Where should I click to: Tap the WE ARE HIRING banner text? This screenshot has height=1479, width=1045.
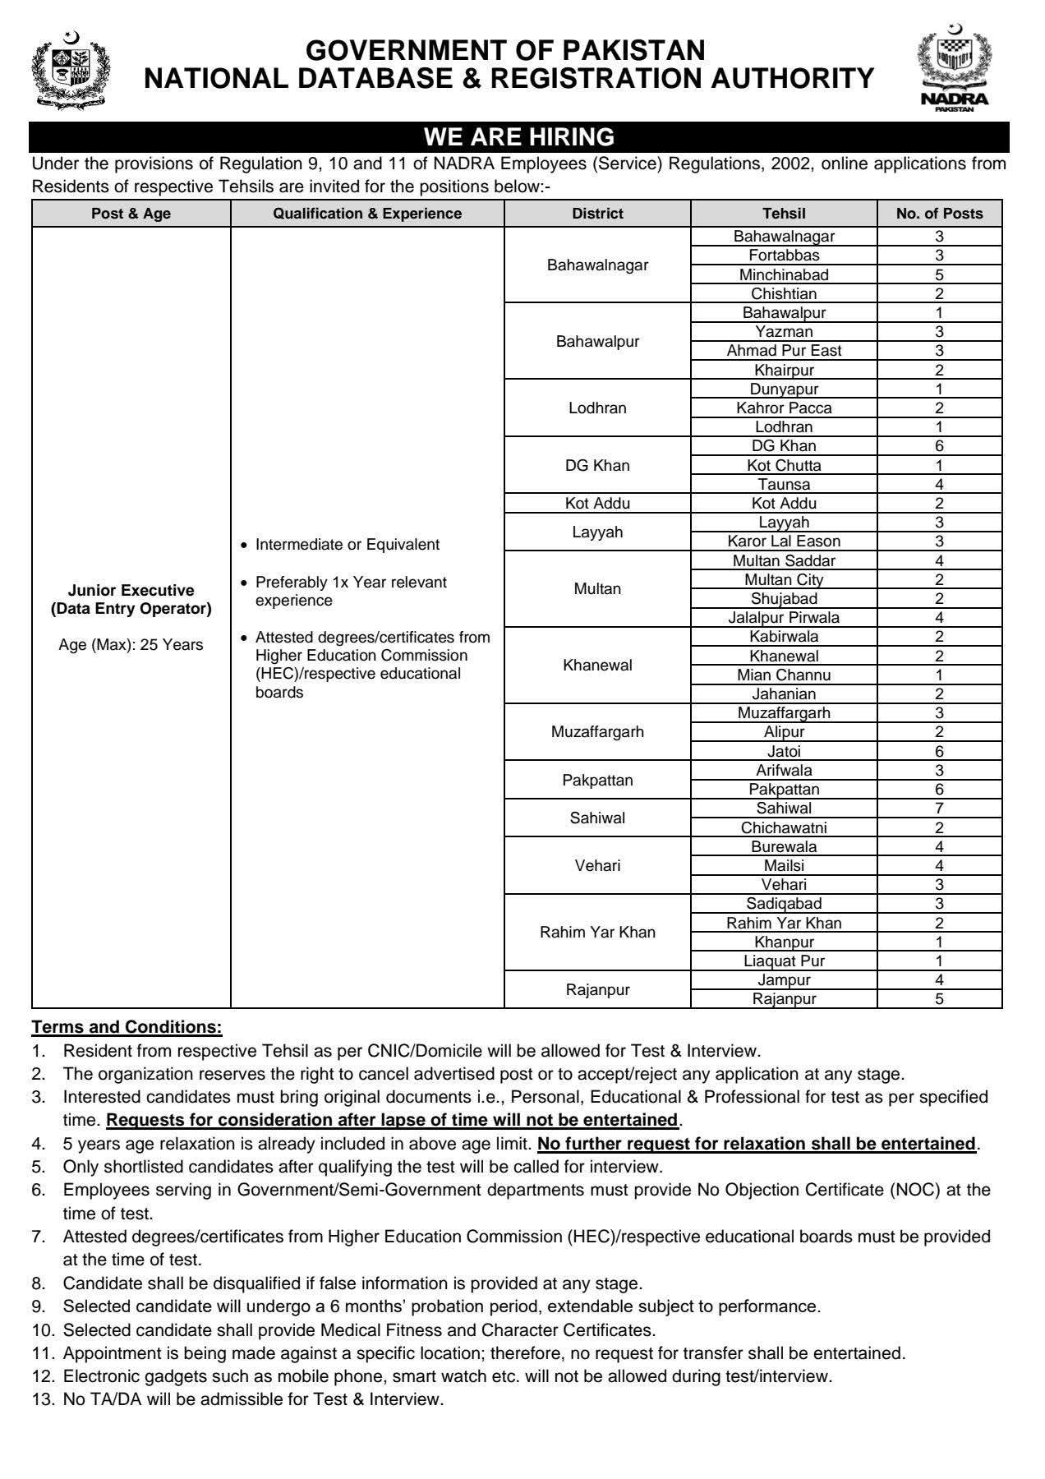click(x=518, y=136)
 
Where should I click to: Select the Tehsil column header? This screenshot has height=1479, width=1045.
click(x=784, y=214)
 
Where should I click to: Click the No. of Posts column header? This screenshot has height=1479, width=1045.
click(x=939, y=214)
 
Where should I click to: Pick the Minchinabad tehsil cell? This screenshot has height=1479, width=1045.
click(x=784, y=275)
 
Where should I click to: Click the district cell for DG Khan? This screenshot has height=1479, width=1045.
click(x=597, y=466)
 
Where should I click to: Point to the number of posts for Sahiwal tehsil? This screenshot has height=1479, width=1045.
click(x=939, y=809)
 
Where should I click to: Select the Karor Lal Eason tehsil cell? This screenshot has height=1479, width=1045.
click(x=784, y=541)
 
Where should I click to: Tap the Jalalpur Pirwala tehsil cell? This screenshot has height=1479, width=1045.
click(x=784, y=618)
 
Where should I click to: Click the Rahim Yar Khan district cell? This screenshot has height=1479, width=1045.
click(x=597, y=933)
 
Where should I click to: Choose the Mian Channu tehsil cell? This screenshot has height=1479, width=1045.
click(x=784, y=675)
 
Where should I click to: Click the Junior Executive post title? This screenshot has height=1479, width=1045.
click(x=131, y=591)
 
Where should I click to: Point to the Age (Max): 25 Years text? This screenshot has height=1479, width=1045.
click(x=131, y=645)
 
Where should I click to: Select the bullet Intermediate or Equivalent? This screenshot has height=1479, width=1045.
click(x=348, y=545)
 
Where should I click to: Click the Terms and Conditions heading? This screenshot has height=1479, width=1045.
click(x=127, y=1027)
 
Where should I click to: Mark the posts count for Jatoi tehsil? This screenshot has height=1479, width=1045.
click(x=939, y=752)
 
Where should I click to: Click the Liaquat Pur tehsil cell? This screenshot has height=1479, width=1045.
click(x=784, y=961)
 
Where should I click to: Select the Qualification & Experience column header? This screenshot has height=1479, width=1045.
click(x=367, y=214)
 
